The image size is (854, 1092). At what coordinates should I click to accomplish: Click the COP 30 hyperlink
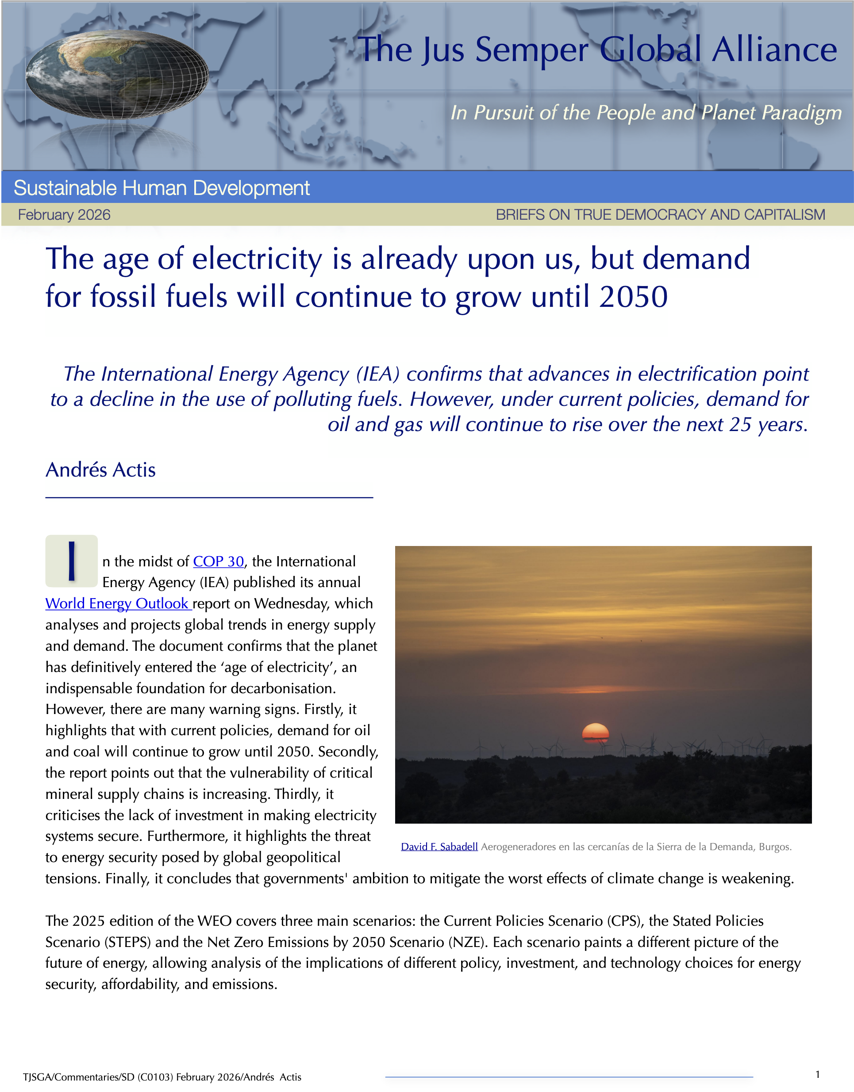pos(218,561)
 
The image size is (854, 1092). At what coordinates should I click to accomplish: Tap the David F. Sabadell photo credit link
pos(439,847)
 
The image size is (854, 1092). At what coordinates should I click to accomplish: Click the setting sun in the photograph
pos(595,732)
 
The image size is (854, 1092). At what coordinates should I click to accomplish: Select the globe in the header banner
pos(117,74)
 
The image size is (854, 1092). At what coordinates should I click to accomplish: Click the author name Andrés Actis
pos(100,470)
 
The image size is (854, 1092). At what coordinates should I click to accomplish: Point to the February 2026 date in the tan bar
pos(64,215)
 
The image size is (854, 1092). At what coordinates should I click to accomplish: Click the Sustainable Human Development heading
pos(162,188)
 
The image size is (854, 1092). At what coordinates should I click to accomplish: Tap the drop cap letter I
pos(72,561)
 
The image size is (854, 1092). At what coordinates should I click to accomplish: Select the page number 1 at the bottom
pos(817,1074)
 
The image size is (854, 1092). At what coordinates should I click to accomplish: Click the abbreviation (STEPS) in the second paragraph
pos(127,942)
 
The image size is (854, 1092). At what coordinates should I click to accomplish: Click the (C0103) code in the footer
pos(155,1077)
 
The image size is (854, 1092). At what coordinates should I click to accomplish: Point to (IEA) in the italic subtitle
pos(378,374)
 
